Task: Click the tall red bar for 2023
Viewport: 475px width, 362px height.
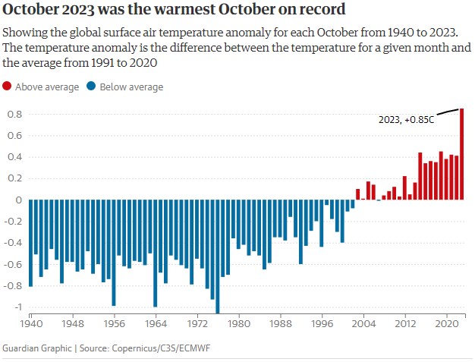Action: pyautogui.click(x=462, y=154)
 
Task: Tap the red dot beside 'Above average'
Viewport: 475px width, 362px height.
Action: pyautogui.click(x=8, y=87)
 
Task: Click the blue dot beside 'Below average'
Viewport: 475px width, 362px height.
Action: pyautogui.click(x=91, y=87)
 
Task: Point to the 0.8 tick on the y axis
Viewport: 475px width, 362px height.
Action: pyautogui.click(x=14, y=114)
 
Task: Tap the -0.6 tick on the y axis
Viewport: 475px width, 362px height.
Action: pyautogui.click(x=14, y=264)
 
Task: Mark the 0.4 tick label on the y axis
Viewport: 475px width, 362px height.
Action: pyautogui.click(x=14, y=157)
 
